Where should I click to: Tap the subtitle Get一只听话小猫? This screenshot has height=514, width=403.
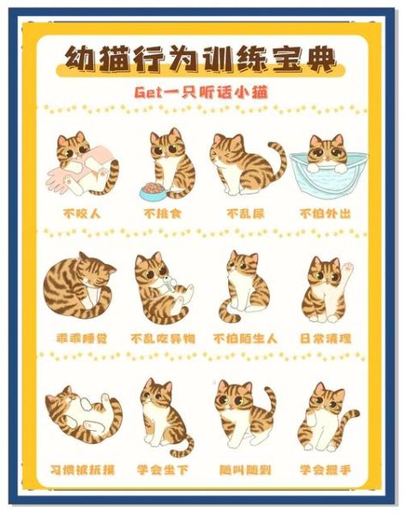pyautogui.click(x=202, y=91)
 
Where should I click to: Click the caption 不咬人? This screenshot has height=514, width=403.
pyautogui.click(x=81, y=212)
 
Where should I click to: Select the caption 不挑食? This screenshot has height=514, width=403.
pyautogui.click(x=162, y=212)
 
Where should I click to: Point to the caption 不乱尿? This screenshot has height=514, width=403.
pyautogui.click(x=244, y=212)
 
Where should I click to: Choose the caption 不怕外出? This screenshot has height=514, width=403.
pyautogui.click(x=325, y=212)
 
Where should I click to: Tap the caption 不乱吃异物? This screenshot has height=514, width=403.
pyautogui.click(x=162, y=338)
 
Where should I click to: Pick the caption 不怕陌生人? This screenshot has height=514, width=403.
pyautogui.click(x=244, y=338)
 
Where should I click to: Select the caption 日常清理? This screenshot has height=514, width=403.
pyautogui.click(x=327, y=338)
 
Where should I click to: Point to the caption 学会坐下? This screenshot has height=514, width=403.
pyautogui.click(x=162, y=469)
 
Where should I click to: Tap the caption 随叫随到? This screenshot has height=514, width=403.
pyautogui.click(x=244, y=469)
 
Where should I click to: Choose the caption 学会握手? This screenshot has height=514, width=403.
pyautogui.click(x=327, y=469)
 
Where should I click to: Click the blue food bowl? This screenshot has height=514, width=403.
pyautogui.click(x=155, y=189)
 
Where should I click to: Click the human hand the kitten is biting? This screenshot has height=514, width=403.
pyautogui.click(x=72, y=176)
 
